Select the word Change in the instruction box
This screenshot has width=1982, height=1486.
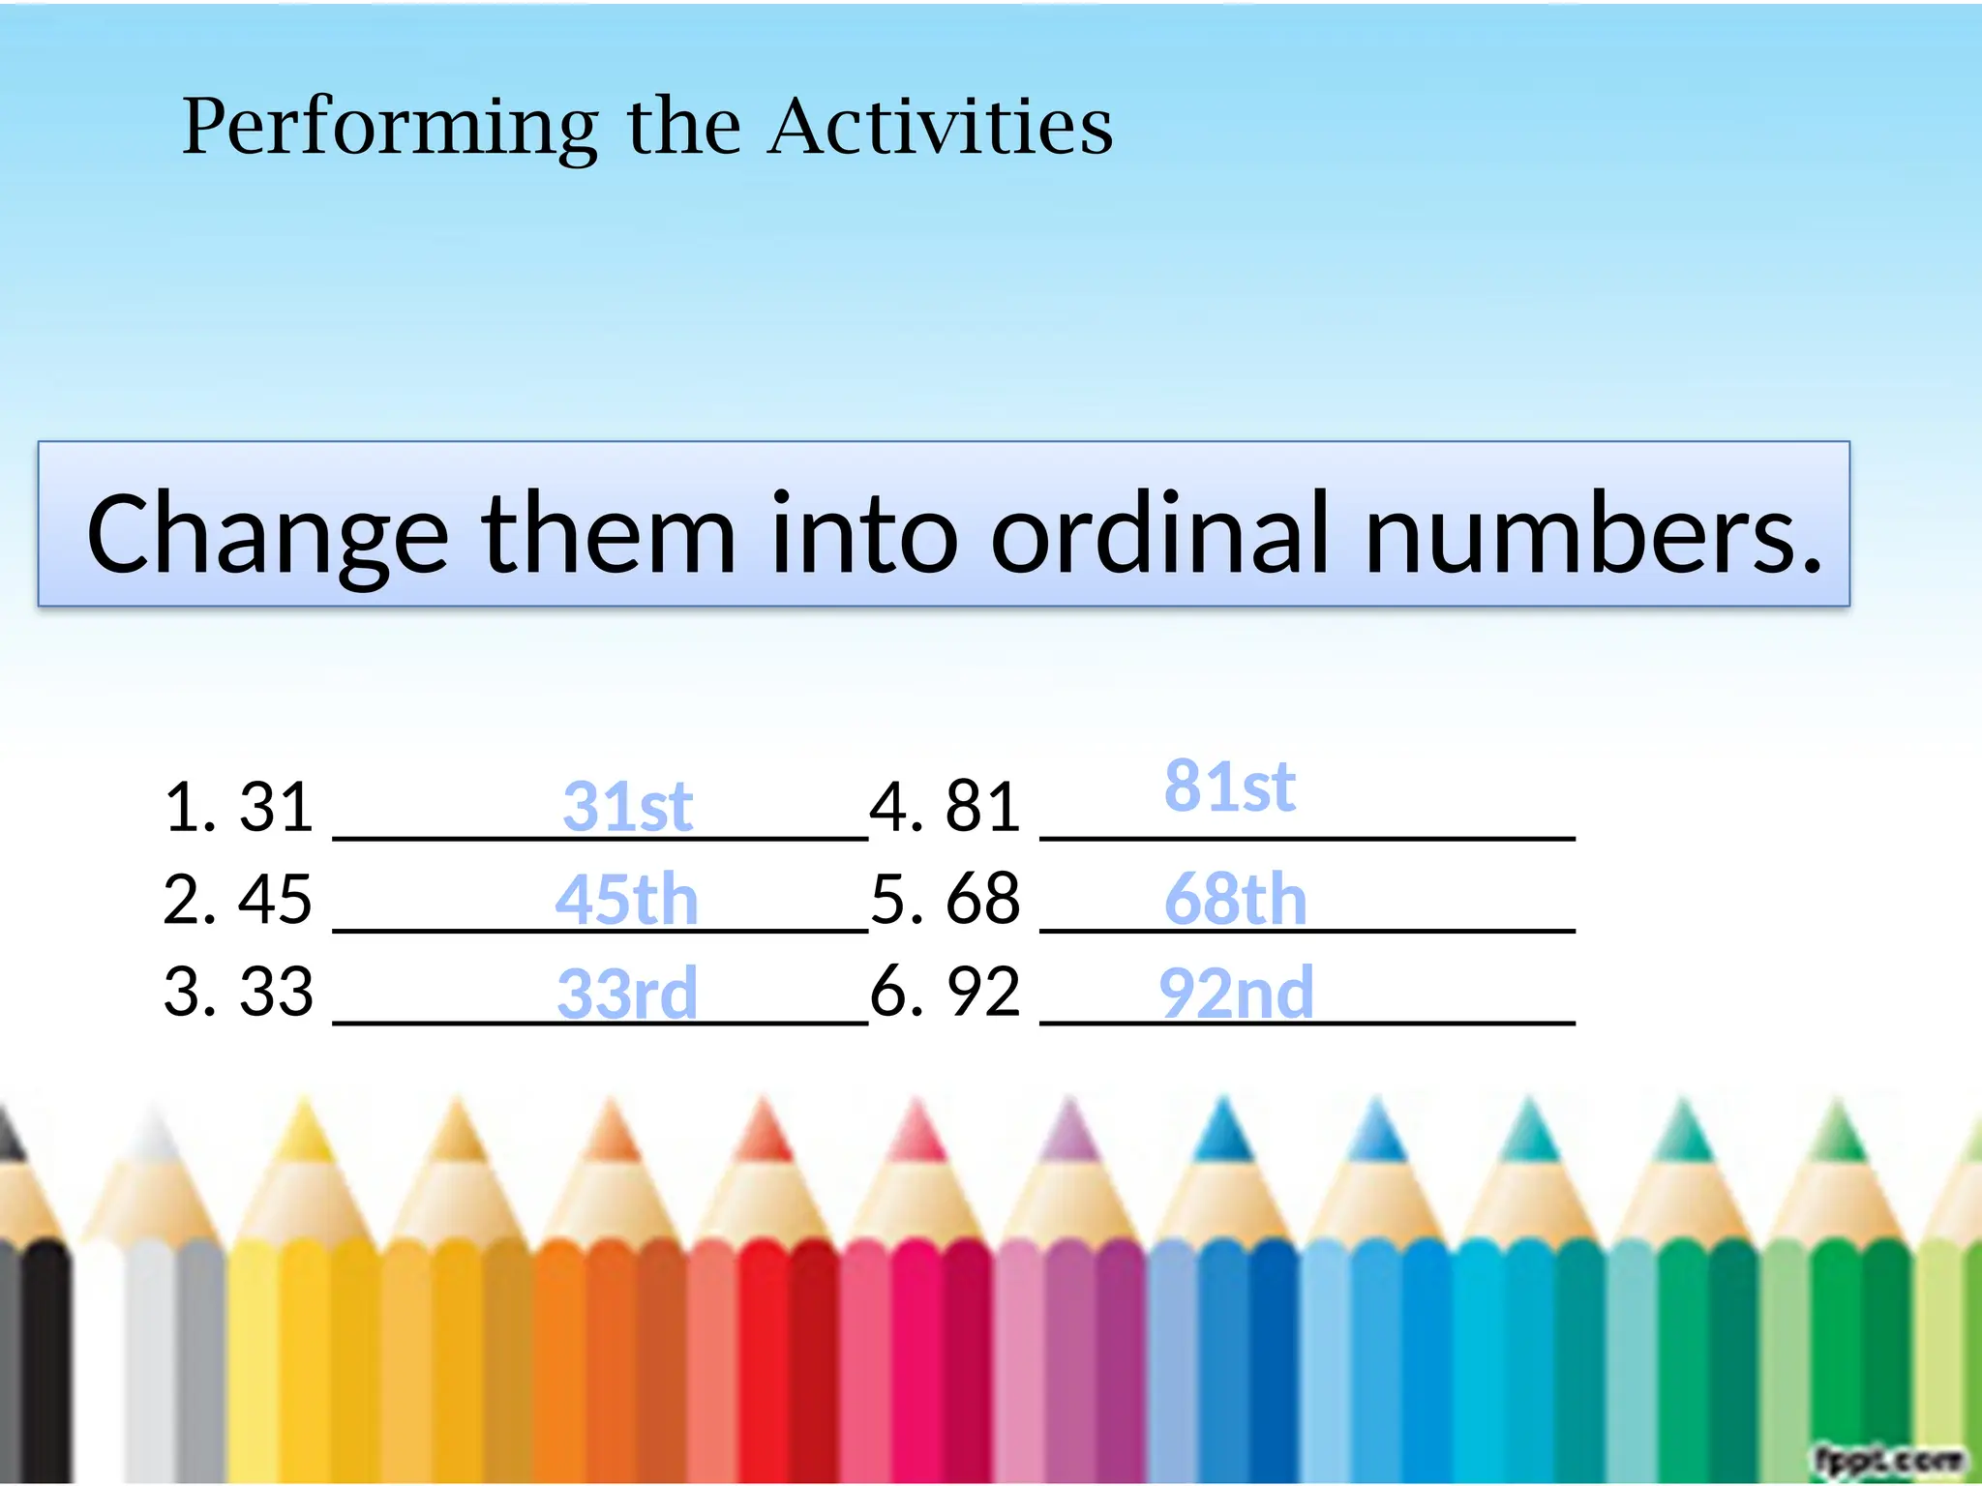(x=267, y=534)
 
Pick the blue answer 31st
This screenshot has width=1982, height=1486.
(x=627, y=806)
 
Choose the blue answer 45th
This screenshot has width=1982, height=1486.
(x=626, y=899)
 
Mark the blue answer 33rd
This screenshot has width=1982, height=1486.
(x=627, y=993)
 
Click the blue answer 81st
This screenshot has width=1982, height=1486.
(x=1229, y=786)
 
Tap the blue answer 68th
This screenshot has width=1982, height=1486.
(x=1236, y=899)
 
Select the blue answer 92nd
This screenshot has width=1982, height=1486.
(x=1236, y=993)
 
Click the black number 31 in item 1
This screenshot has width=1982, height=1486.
(x=277, y=806)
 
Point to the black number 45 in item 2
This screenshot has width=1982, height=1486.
(x=276, y=899)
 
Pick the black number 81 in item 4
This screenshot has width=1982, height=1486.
(x=982, y=806)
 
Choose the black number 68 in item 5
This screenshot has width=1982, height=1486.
(x=982, y=899)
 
